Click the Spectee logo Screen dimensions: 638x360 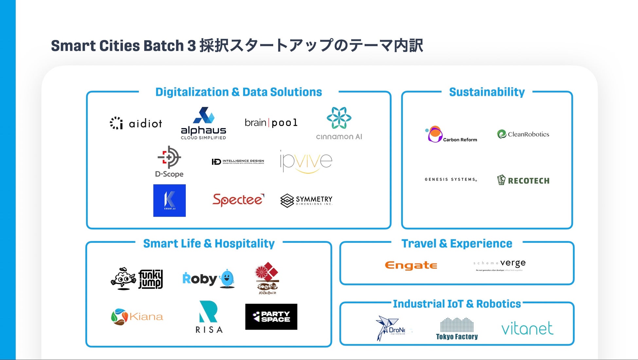click(238, 200)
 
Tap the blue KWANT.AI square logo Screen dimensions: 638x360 click(169, 200)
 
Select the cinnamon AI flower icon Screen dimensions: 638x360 click(339, 118)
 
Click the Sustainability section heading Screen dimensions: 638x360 click(487, 92)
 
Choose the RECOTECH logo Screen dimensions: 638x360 click(523, 180)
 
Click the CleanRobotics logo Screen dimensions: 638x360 click(523, 134)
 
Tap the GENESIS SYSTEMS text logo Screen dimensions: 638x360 click(451, 179)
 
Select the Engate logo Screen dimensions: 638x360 click(411, 265)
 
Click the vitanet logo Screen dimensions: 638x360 click(527, 328)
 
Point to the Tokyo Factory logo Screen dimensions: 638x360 click(457, 329)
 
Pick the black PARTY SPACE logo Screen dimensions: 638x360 click(271, 316)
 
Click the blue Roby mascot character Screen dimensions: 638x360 click(227, 279)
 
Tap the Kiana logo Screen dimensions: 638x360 click(137, 316)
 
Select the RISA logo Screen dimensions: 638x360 click(209, 317)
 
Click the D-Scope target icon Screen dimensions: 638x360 click(169, 157)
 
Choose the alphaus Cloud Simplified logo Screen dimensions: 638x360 click(204, 123)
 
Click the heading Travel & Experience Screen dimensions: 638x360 click(457, 243)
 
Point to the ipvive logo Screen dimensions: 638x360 click(306, 161)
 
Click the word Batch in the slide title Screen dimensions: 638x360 click(163, 45)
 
